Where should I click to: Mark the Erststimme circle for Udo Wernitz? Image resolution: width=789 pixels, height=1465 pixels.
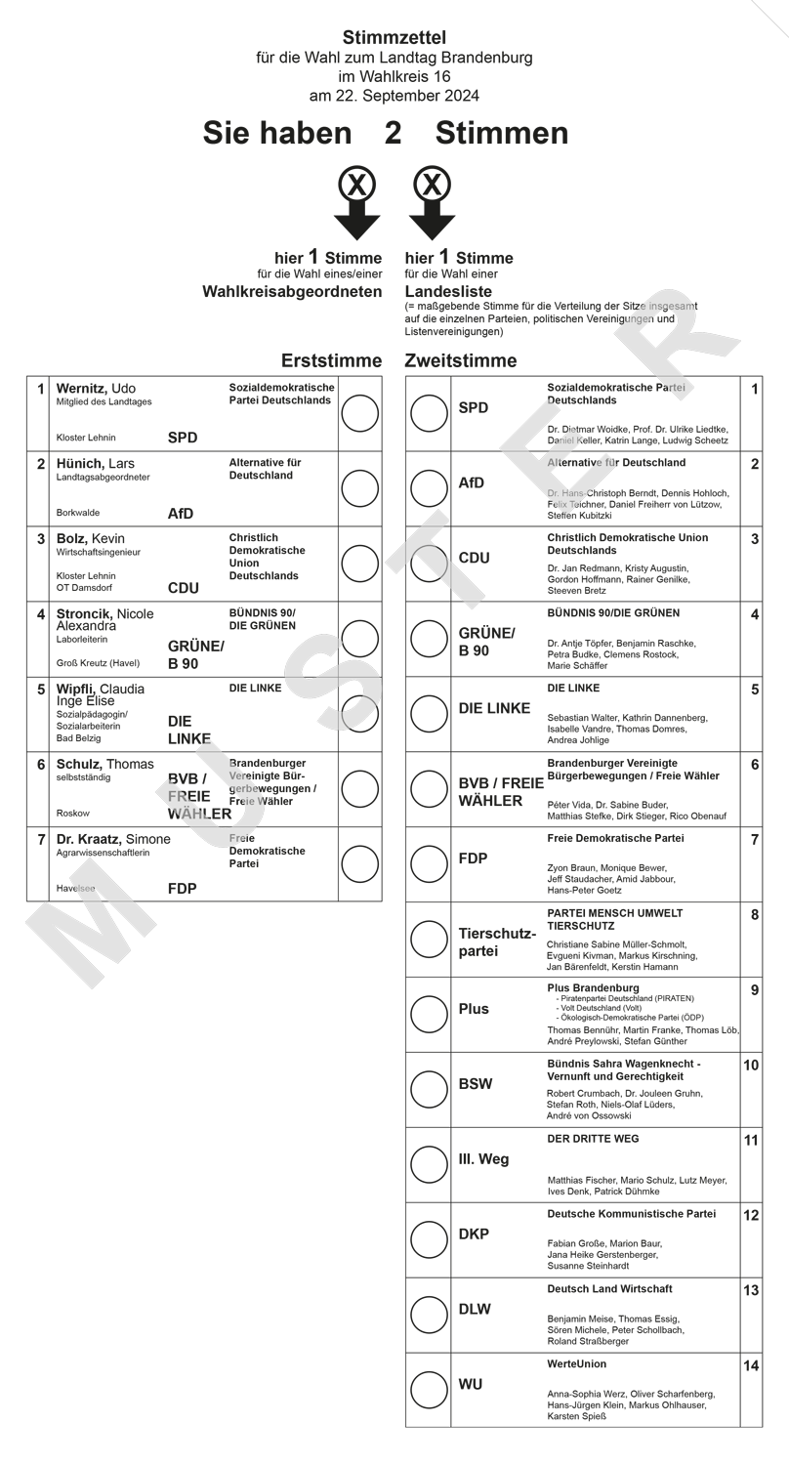pos(360,413)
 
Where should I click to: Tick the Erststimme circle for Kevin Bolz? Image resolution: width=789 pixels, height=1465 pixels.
pos(360,564)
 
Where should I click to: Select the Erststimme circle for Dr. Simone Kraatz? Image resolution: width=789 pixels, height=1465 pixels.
pos(360,863)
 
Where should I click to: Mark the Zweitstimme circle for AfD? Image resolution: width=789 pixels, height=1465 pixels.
pos(429,488)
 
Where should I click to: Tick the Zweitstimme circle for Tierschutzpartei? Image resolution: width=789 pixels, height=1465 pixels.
pos(429,940)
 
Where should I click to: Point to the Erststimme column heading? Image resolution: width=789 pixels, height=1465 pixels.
pos(331,361)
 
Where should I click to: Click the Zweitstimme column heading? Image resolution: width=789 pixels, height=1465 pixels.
pos(461,361)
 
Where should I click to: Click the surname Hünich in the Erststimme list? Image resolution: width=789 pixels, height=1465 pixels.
pos(81,463)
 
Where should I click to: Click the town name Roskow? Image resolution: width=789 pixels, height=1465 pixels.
pos(73,813)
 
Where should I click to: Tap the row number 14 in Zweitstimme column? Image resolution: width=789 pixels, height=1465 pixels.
pos(751,1366)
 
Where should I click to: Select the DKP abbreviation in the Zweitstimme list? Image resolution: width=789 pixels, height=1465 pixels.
pos(474,1235)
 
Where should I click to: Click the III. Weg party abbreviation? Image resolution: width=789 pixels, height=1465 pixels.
pos(483,1159)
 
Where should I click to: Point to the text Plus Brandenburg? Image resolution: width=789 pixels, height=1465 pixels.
pos(593,988)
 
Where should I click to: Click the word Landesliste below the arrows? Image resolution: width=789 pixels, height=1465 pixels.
pos(448,291)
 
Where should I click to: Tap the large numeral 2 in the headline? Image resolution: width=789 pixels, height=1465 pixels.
pos(394,133)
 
